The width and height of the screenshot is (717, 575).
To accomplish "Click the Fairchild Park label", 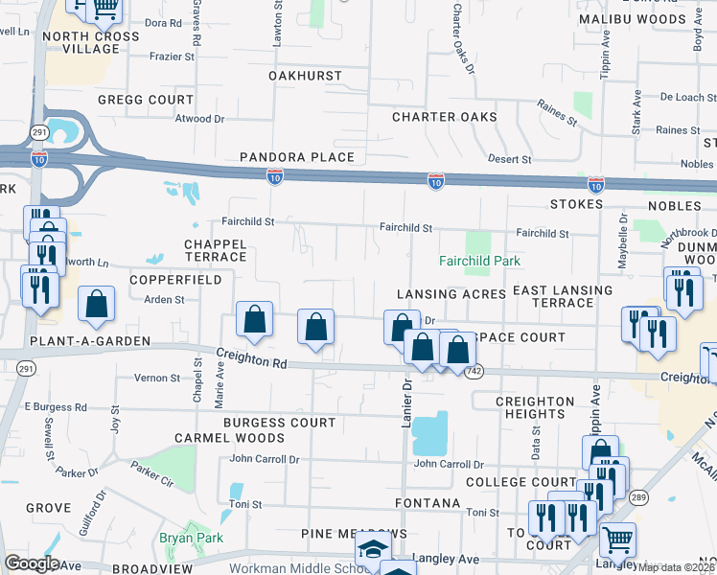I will (x=479, y=261).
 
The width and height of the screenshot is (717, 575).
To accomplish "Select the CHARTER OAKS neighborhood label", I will (x=444, y=117).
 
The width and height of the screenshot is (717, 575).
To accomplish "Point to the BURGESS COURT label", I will (x=280, y=422).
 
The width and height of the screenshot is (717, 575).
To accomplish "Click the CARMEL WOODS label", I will (x=218, y=438).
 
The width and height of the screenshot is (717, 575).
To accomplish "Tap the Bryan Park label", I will (x=191, y=539).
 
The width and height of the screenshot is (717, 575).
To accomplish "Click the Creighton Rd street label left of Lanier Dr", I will (x=251, y=360).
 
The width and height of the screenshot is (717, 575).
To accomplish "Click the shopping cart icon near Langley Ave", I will (x=617, y=539).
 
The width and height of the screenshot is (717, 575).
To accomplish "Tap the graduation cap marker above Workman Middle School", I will (x=373, y=550).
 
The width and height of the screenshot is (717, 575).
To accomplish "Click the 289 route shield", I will (x=639, y=495).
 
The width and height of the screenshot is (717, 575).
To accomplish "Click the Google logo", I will (x=32, y=563).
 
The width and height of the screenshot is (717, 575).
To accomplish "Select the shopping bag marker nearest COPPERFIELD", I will (x=97, y=304).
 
